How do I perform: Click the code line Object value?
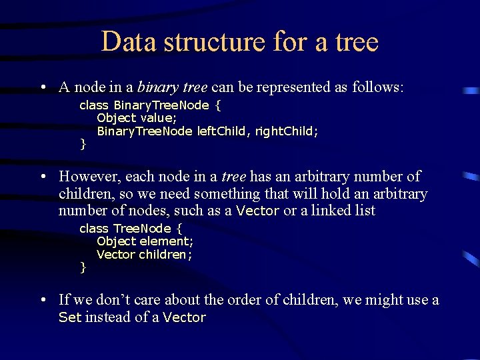coord(137,118)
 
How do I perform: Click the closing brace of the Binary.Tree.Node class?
coord(83,144)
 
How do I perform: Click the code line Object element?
coord(145,241)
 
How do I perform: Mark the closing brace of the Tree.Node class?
coord(83,267)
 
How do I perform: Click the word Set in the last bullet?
coord(69,318)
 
